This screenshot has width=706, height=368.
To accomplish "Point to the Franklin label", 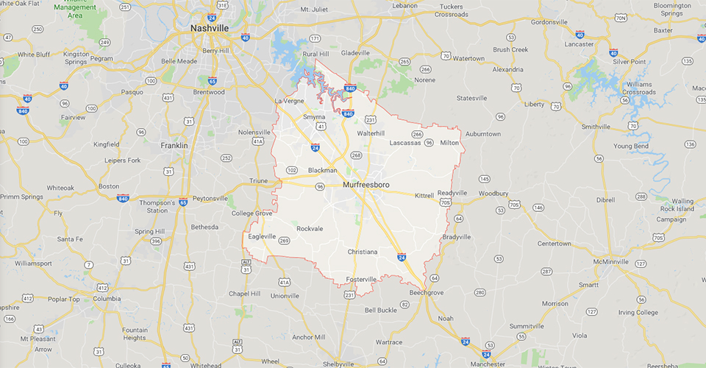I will pyautogui.click(x=174, y=146).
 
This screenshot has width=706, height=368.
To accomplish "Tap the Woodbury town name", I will pyautogui.click(x=493, y=194).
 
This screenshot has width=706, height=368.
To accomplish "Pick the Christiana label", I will pyautogui.click(x=362, y=252).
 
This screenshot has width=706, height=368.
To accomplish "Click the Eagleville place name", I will pyautogui.click(x=263, y=236).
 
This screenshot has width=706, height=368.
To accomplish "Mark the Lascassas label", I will pyautogui.click(x=405, y=143).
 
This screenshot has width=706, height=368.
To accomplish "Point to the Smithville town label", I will pyautogui.click(x=596, y=127).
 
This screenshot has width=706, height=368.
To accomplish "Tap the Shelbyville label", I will pyautogui.click(x=338, y=364).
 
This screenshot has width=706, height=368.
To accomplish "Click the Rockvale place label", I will pyautogui.click(x=309, y=229).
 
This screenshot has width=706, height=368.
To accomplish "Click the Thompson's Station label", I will pyautogui.click(x=157, y=207).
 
